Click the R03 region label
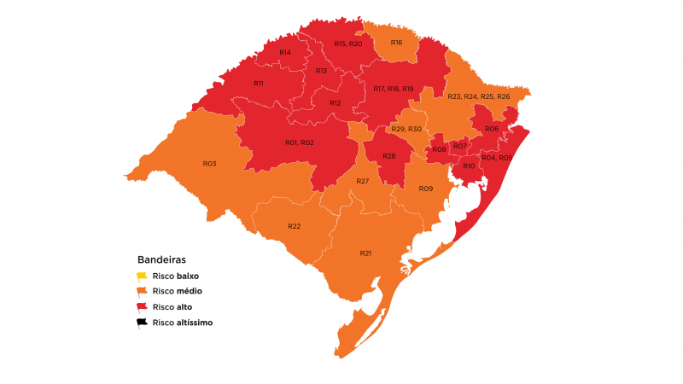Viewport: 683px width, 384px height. click(x=209, y=163)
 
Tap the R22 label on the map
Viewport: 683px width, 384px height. click(x=294, y=226)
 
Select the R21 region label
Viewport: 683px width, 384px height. click(x=365, y=253)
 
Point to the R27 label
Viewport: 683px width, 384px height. click(x=363, y=181)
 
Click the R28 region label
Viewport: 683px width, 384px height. click(x=389, y=156)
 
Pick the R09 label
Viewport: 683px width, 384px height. click(x=426, y=188)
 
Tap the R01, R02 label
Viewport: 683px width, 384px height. click(x=300, y=143)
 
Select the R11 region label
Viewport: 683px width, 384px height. click(x=258, y=84)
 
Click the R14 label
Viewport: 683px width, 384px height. click(x=285, y=53)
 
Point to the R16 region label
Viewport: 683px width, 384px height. click(x=396, y=43)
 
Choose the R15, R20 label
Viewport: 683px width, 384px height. click(x=348, y=44)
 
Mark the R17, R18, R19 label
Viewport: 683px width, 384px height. click(x=393, y=89)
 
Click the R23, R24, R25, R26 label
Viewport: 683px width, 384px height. click(x=478, y=96)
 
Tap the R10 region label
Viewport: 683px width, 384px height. click(x=469, y=166)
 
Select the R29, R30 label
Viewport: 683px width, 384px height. click(x=406, y=129)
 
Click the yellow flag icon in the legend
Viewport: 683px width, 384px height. click(x=143, y=276)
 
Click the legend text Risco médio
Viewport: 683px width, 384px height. click(x=177, y=292)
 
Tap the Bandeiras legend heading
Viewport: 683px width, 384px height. click(x=161, y=259)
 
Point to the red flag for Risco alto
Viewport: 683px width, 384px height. click(x=143, y=307)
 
